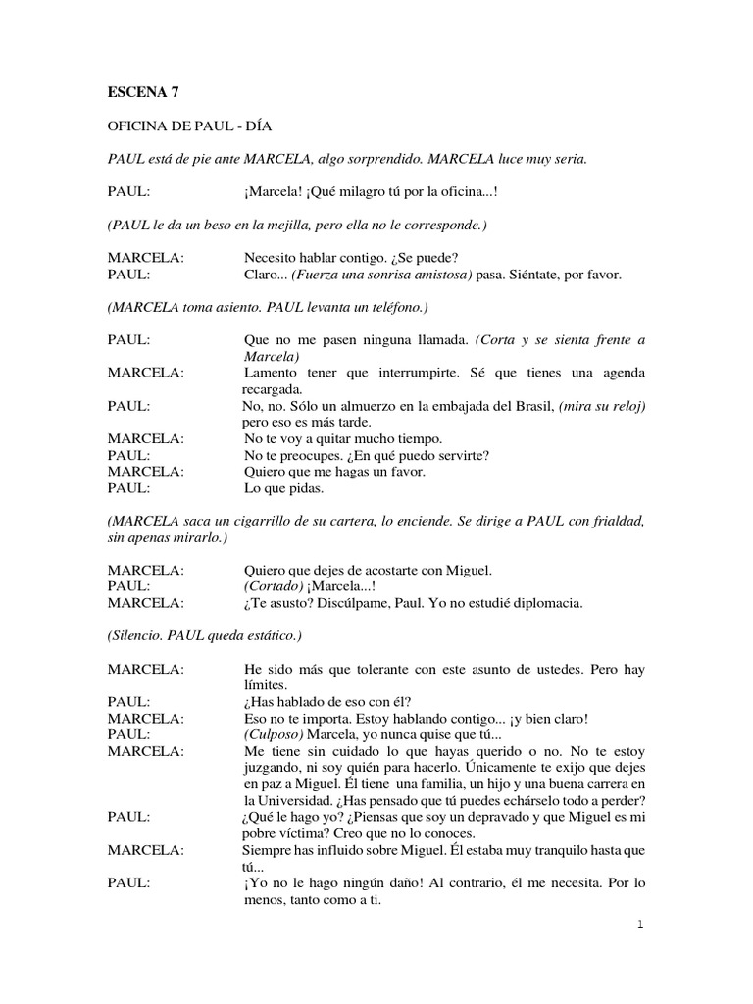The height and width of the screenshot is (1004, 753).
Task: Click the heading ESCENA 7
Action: click(143, 93)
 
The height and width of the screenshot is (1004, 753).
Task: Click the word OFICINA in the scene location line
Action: click(137, 127)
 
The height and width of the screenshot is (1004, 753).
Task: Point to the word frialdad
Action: click(615, 520)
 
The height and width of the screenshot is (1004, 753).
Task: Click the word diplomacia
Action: click(541, 603)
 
